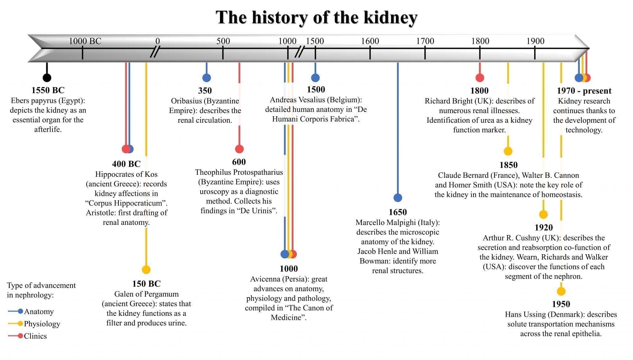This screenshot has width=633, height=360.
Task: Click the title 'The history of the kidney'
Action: [x=316, y=17]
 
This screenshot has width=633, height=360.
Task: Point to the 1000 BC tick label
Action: [x=85, y=41]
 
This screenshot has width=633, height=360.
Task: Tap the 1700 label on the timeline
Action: [x=425, y=41]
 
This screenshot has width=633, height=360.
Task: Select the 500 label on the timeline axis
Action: [x=223, y=41]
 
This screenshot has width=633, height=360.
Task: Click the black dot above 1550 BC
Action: [x=47, y=78]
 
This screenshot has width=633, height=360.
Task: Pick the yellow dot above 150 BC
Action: [x=146, y=269]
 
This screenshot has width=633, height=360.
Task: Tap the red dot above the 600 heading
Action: [x=239, y=149]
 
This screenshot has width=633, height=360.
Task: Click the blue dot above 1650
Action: [x=398, y=197]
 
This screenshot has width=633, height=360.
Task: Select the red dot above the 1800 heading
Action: [x=480, y=78]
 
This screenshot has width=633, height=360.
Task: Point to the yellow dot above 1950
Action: [x=561, y=291]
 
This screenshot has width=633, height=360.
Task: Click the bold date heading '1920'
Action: [x=544, y=227]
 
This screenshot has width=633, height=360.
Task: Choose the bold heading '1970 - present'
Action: [x=584, y=91]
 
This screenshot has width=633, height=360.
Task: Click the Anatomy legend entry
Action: [x=38, y=311]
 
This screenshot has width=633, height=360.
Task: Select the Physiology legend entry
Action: [x=42, y=324]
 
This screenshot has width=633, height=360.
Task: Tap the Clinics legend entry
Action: [x=35, y=336]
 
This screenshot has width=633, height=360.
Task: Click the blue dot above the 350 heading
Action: [x=206, y=78]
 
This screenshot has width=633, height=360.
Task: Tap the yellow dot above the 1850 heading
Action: [x=508, y=151]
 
